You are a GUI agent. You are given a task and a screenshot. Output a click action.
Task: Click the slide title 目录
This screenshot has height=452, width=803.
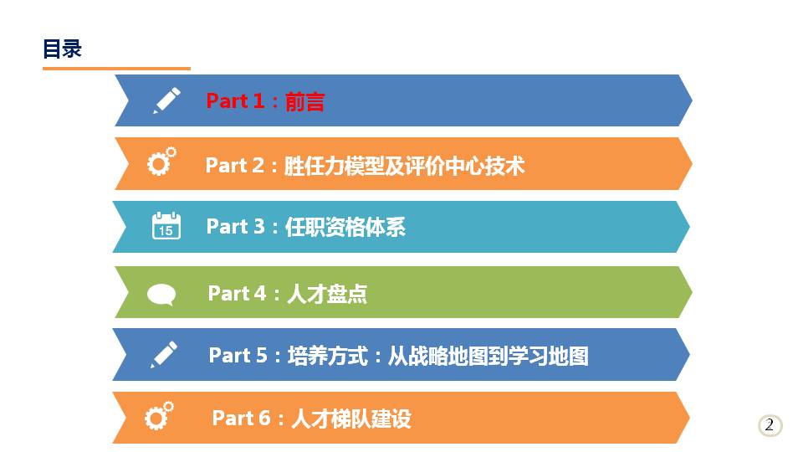tap(62, 49)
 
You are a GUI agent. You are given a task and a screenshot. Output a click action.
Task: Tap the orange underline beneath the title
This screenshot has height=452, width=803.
tap(116, 68)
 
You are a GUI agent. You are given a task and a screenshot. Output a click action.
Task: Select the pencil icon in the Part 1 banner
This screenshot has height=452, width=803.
tap(167, 100)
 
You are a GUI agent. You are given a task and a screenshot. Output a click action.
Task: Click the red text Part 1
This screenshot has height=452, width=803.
tap(235, 101)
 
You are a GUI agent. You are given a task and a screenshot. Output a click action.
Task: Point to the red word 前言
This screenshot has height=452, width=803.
tap(304, 101)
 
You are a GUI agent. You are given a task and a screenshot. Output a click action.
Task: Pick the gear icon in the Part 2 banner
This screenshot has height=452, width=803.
tap(161, 162)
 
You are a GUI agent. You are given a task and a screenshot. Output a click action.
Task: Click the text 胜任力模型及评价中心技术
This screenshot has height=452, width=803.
tap(404, 166)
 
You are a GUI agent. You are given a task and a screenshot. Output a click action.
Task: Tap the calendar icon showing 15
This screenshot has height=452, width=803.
tap(166, 225)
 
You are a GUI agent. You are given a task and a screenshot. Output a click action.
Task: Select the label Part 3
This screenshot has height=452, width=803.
tap(236, 227)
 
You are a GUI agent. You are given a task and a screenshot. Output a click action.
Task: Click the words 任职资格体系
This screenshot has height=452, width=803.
tap(345, 227)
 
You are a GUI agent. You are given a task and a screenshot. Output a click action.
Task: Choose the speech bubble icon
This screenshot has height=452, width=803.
tap(161, 295)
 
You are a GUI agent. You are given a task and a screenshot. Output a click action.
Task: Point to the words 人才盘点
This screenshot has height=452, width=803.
tap(327, 294)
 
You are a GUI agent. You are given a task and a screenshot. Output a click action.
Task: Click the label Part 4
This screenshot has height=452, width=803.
tap(237, 294)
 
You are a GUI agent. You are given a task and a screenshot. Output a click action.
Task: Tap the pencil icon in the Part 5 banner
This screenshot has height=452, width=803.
tap(164, 355)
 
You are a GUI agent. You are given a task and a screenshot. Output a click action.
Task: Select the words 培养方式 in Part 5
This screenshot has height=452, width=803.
tap(328, 356)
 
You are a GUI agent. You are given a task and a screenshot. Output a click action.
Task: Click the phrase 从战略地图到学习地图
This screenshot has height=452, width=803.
tap(488, 357)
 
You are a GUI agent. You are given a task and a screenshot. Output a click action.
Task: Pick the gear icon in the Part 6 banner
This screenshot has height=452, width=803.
tap(159, 416)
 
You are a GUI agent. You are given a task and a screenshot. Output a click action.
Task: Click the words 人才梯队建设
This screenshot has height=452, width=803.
tap(351, 419)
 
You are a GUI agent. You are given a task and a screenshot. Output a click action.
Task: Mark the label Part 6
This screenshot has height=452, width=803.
tap(241, 419)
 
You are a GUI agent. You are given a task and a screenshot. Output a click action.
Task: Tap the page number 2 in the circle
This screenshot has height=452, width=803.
tap(770, 425)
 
